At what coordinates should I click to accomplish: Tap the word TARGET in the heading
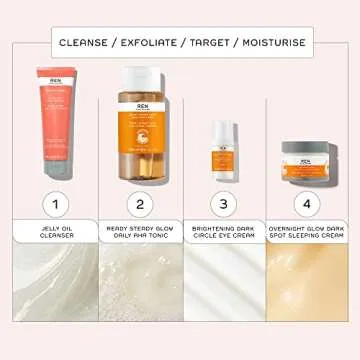click(x=218, y=43)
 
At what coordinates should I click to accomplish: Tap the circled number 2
click(x=140, y=204)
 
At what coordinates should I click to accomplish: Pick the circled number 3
click(x=224, y=204)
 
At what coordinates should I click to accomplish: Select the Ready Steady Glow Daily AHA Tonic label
click(x=140, y=232)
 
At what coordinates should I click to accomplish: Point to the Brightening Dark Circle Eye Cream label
click(x=224, y=232)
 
